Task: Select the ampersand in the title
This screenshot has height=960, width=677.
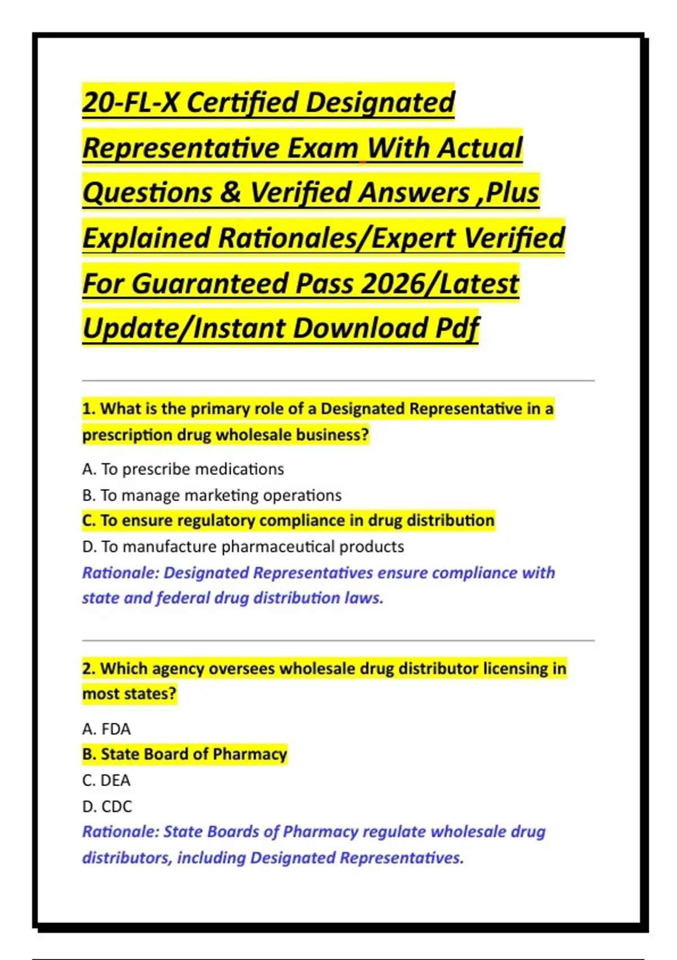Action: pos(230,193)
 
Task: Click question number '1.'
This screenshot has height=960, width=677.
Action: pos(89,409)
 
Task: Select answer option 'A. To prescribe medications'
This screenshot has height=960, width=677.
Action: pos(183,469)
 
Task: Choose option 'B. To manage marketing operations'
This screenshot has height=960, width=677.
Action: pos(212,495)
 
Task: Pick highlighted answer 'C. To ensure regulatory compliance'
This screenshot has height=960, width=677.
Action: pos(288,521)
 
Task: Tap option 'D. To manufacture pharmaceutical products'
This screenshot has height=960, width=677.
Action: pos(243,547)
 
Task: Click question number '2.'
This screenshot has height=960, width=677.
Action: pos(89,669)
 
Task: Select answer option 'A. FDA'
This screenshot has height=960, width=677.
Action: pos(106,729)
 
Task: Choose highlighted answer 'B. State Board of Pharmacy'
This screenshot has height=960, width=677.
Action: pos(184,754)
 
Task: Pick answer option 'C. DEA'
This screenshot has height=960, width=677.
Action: pos(106,780)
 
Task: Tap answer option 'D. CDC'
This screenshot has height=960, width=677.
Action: pos(107,806)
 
